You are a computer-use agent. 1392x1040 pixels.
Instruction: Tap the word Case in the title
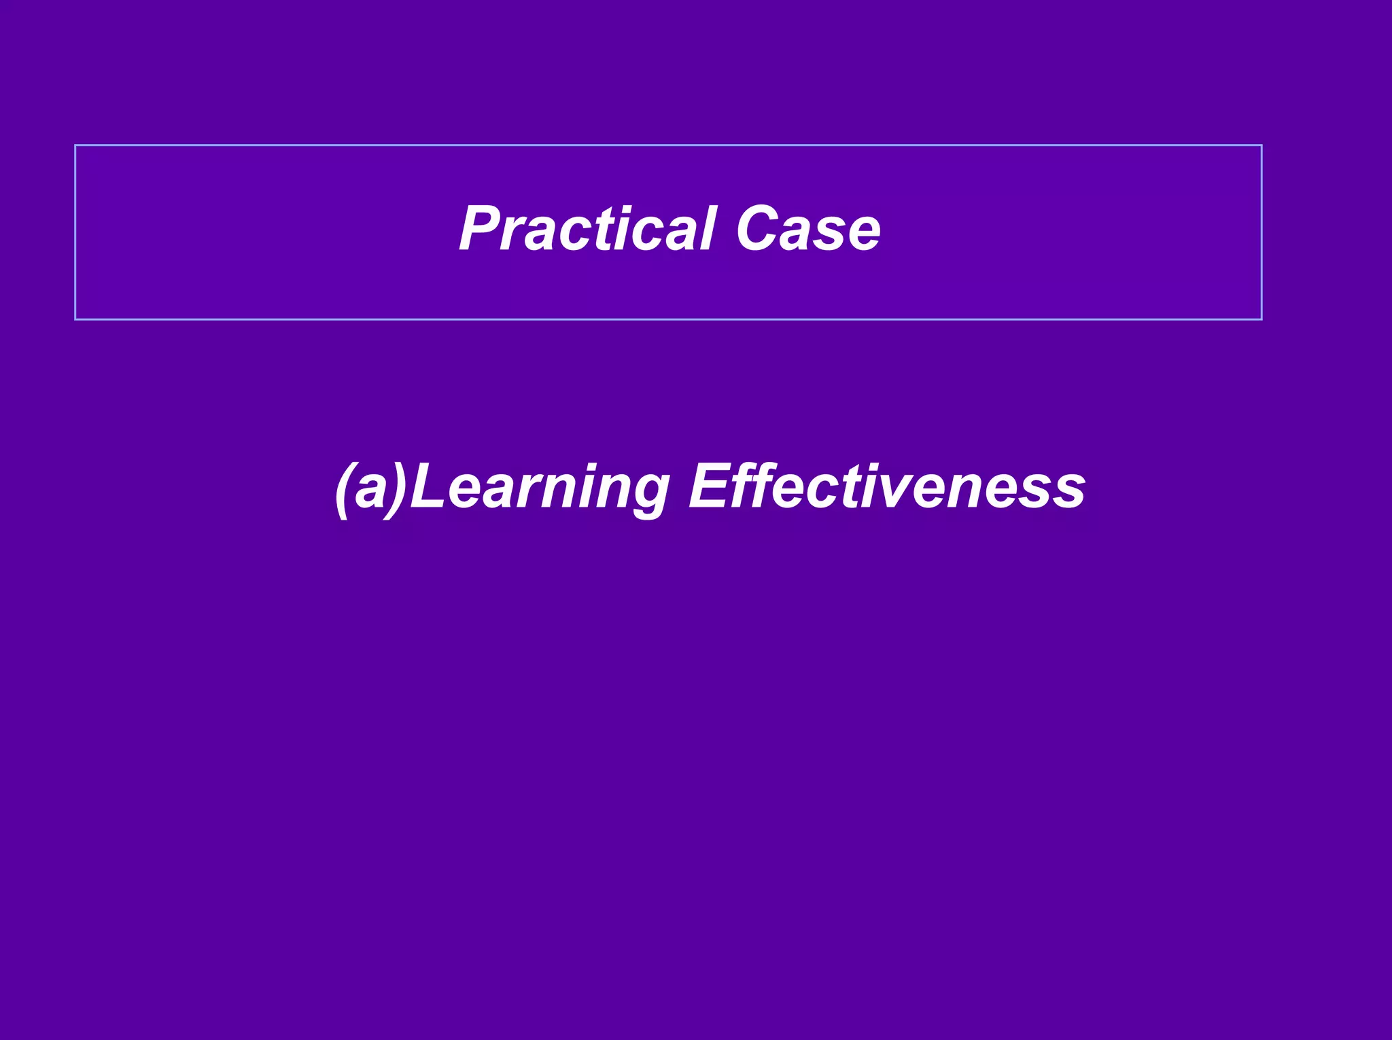pos(808,230)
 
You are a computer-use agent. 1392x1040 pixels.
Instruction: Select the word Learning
pos(539,488)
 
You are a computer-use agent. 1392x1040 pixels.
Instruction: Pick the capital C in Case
pos(757,230)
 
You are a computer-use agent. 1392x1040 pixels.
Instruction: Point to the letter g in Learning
pos(649,496)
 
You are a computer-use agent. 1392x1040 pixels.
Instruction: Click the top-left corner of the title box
pos(75,145)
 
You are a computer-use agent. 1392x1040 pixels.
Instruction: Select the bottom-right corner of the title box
pos(1261,319)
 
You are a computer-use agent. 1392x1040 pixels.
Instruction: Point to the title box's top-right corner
pos(1261,145)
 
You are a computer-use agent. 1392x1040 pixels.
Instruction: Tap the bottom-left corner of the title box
pos(75,319)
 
